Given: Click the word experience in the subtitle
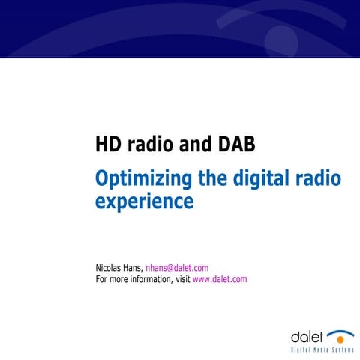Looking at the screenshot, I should point(144,202).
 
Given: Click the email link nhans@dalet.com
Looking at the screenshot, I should point(176,268).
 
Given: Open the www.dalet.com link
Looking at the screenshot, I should point(220,279).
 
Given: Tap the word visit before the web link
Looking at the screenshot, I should point(181,279).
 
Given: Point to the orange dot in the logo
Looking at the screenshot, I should point(341,339).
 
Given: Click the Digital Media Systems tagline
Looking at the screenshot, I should point(322,349).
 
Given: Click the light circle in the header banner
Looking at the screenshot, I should point(281,38).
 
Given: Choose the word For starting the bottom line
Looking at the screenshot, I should point(103,279).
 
